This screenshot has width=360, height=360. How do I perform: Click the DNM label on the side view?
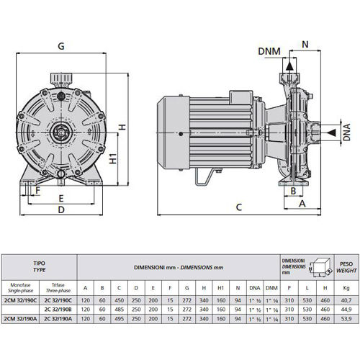tap(269, 51)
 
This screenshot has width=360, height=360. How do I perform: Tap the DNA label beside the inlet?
tap(347, 132)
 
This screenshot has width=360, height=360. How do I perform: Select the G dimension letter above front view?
tap(61, 46)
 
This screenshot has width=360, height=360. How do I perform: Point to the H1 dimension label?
tap(113, 158)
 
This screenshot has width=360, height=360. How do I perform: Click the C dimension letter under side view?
tap(239, 207)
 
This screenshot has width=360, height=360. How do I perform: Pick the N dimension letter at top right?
tap(305, 45)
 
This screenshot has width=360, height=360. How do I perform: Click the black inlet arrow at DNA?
tap(332, 132)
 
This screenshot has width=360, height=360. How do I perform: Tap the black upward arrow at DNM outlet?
tap(289, 66)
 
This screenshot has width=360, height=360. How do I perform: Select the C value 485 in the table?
tap(119, 310)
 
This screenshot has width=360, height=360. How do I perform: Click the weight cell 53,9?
tap(346, 319)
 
